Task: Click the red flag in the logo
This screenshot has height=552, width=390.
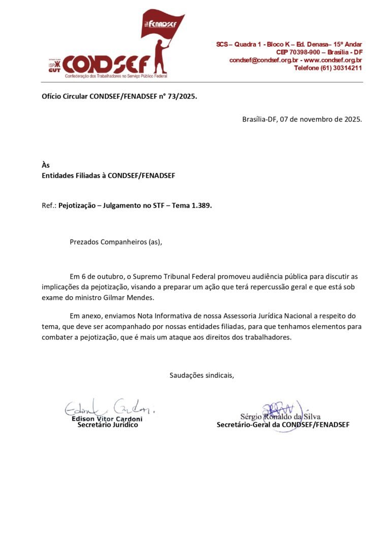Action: [161, 24]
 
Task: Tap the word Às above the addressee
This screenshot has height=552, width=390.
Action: [46, 165]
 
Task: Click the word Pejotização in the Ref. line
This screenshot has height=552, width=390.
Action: [79, 206]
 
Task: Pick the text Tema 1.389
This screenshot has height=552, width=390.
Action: [193, 206]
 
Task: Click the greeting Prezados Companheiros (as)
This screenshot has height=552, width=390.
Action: [116, 241]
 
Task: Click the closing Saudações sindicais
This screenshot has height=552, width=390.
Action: [201, 376]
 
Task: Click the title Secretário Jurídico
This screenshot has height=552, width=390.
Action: [107, 424]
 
